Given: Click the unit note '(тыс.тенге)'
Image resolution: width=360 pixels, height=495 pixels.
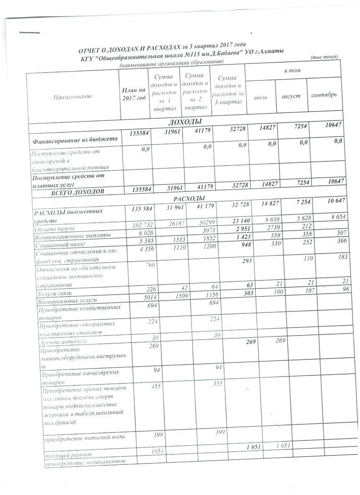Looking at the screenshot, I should [325, 57].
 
